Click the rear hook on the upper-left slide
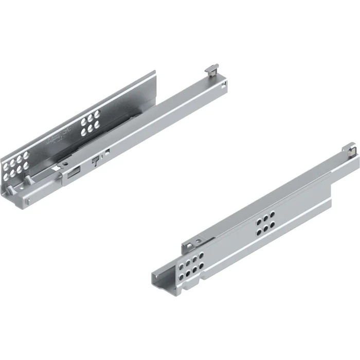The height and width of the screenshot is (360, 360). click(x=212, y=70)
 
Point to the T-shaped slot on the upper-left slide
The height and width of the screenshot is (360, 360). click(x=95, y=160)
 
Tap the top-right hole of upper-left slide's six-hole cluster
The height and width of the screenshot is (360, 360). click(x=96, y=117)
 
